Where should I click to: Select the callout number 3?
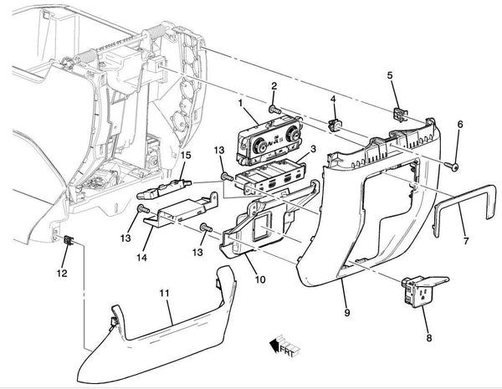coord(311,150)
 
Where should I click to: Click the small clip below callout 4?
coord(337,125)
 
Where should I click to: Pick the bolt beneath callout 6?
coord(454,167)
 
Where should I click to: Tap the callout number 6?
coord(458,125)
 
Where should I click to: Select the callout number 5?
coord(389,76)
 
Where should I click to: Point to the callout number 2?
coord(274,86)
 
